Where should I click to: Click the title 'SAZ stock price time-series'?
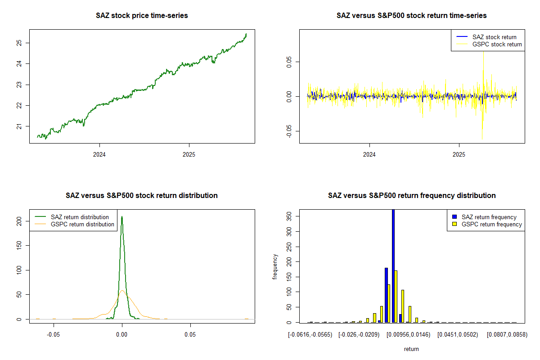pos(142,16)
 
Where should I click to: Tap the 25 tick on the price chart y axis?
pos(19,43)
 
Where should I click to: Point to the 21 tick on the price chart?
pos(19,126)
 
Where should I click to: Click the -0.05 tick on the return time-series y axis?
pos(289,131)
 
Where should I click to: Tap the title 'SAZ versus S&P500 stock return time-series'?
pos(411,16)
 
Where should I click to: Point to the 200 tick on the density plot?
pos(19,221)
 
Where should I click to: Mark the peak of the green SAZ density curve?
pos(121,216)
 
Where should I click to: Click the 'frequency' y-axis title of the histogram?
pos(275,267)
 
